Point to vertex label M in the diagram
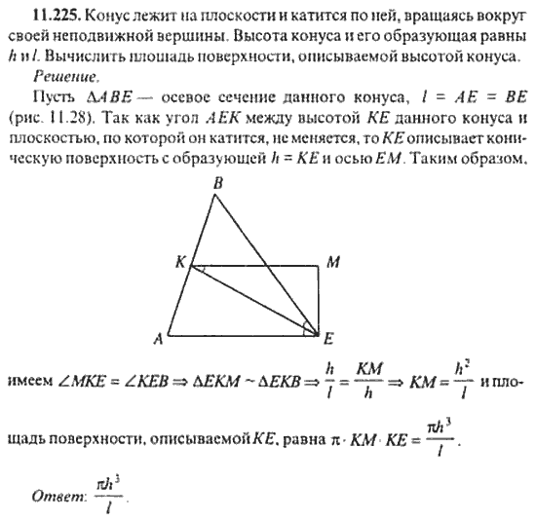332,262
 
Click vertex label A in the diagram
156,339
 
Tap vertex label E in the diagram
329,339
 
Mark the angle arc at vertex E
310,326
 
